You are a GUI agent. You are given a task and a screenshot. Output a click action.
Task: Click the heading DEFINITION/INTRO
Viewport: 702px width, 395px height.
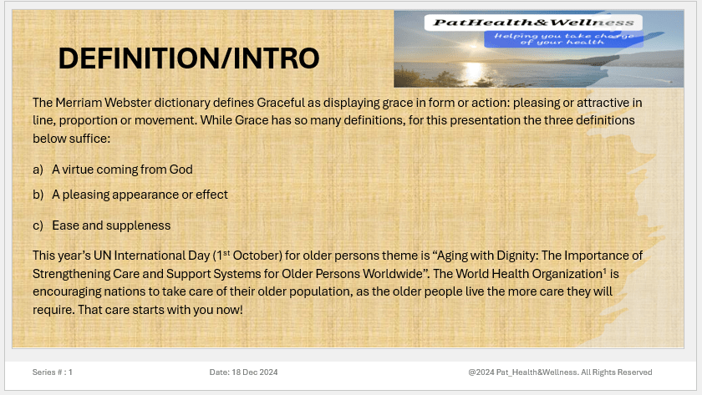coord(189,58)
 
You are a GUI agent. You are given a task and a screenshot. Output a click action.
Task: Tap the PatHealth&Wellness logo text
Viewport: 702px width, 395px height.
coord(533,23)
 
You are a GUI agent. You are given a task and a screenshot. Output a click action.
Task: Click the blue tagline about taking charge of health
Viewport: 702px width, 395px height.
coord(563,38)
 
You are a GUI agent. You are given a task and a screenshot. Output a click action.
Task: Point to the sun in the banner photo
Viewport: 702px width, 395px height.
coord(475,67)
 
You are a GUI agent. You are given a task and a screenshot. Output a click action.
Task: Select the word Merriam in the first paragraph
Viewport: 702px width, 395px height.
coord(79,103)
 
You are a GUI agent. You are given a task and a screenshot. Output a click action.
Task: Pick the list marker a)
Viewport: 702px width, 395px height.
coord(38,170)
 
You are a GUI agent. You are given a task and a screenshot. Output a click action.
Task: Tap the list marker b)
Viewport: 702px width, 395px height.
coord(38,195)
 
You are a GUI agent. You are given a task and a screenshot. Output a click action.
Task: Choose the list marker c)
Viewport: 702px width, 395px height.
coord(38,225)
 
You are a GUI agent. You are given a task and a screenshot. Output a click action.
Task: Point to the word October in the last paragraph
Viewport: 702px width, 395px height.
coord(257,256)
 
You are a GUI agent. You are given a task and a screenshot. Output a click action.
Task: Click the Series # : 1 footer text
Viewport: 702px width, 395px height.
coord(53,372)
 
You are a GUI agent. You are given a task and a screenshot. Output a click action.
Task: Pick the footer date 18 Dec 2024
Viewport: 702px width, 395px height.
coord(254,372)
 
